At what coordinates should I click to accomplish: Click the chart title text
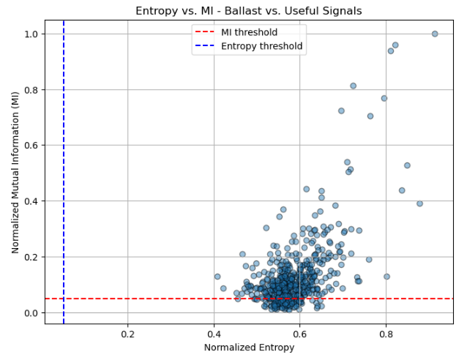(248, 11)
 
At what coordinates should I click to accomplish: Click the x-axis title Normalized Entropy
(249, 347)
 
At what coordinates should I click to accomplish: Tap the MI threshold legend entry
(249, 32)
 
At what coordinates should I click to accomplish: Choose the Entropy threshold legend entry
(261, 46)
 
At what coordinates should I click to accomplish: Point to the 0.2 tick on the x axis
(128, 334)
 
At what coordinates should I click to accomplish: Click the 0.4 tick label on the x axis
(214, 334)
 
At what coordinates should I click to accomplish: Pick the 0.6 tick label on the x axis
(300, 334)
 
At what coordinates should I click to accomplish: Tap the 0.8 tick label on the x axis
(386, 334)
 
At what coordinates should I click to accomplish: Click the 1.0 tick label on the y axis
(31, 34)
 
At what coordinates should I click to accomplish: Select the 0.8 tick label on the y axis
(31, 90)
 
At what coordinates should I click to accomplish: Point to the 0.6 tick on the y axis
(31, 146)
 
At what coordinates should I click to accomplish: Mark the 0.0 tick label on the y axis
(31, 313)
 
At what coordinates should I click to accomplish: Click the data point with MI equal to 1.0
(435, 34)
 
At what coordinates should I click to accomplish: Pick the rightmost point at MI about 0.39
(419, 203)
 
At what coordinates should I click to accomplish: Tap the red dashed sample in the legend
(206, 32)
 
